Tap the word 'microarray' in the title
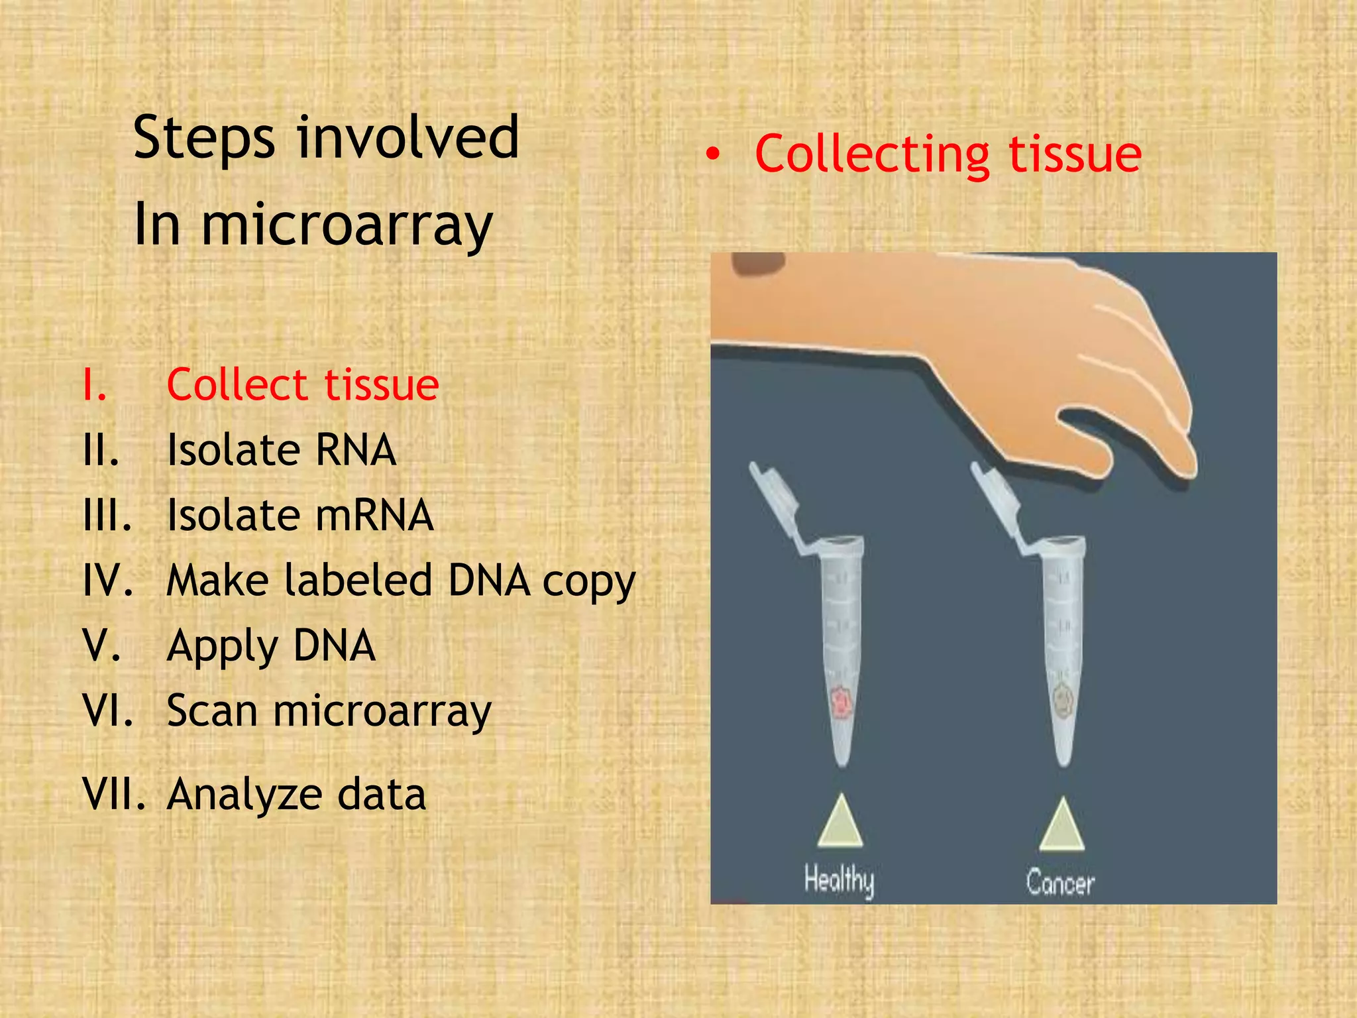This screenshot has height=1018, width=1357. coord(346,225)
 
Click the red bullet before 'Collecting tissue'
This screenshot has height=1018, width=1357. coord(712,154)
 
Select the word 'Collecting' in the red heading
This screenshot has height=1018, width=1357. coord(872,154)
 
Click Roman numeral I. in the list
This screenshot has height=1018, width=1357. coord(95,385)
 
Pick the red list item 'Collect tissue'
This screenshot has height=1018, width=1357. coord(302,385)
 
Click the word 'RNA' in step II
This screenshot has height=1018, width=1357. coord(355,450)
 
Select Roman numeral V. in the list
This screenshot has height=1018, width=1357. coord(101,646)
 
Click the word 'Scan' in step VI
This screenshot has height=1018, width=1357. coord(212,710)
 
